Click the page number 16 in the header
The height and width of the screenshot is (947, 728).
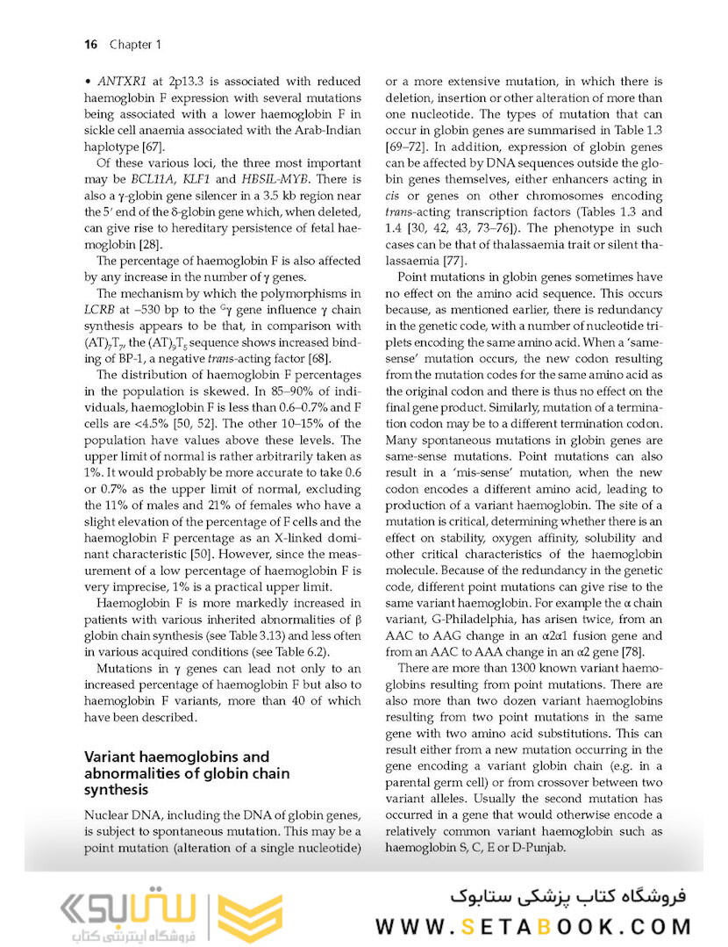point(90,44)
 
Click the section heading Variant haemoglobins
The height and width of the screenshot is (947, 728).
point(175,756)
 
